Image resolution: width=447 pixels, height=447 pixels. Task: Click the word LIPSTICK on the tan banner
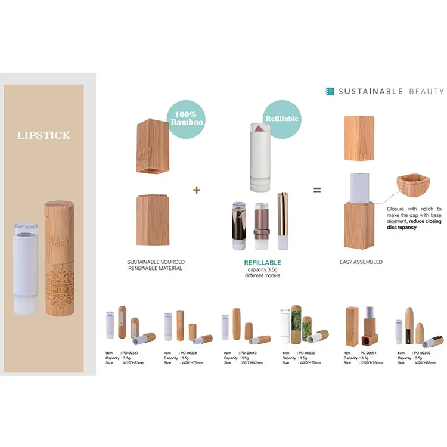pos(44,135)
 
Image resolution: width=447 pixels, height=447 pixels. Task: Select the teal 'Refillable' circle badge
pos(283,118)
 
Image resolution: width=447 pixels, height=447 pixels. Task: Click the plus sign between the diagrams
pos(197,190)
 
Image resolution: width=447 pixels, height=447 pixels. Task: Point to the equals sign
pos(317,190)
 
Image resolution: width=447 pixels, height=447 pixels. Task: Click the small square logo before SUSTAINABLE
pos(329,91)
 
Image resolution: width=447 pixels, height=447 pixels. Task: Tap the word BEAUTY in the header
pos(426,91)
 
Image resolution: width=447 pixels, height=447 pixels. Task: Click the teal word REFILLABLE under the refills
pos(263,263)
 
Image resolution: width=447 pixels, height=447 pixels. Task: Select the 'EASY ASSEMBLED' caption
pos(360,262)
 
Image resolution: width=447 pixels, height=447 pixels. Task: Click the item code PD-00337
pos(132,353)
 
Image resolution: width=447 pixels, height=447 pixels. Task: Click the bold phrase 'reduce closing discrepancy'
pos(414,223)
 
